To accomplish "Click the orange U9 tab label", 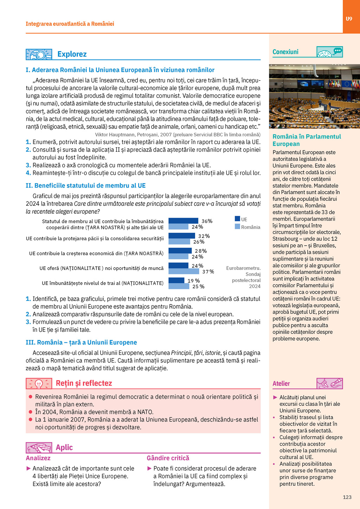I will tap(349, 19).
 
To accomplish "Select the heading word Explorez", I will tap(72, 54).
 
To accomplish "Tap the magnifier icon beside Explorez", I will tap(39, 54).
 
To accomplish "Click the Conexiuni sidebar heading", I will tap(285, 52).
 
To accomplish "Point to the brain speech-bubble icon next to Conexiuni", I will tap(329, 52).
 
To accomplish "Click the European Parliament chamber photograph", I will tap(314, 96).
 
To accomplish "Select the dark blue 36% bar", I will tap(183, 221).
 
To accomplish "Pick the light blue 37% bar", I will tap(184, 271).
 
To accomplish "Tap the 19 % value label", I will tap(193, 281).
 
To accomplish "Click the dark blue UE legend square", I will tap(237, 219).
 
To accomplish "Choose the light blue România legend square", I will tap(237, 226).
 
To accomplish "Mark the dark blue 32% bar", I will tap(182, 236).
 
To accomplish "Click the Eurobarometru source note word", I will tap(243, 268).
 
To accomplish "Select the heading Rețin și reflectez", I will tap(84, 383).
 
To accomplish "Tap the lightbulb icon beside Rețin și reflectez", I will tap(39, 384).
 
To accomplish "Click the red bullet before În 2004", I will tap(31, 412).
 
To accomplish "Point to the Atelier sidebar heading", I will tap(281, 384).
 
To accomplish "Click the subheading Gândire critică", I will tap(168, 458).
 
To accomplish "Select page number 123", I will tap(347, 497).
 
